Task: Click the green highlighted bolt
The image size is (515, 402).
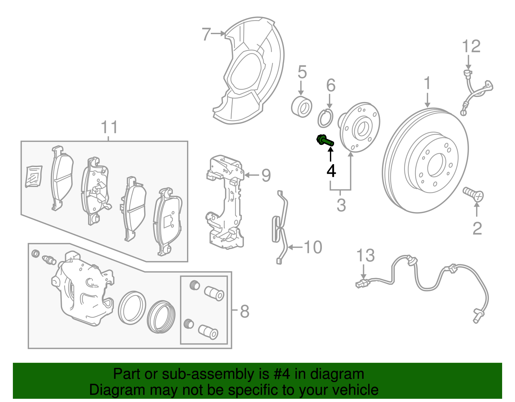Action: [325, 141]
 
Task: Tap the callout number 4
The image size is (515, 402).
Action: [331, 171]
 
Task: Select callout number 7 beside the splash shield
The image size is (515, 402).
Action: [206, 34]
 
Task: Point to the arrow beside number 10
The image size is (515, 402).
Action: [295, 247]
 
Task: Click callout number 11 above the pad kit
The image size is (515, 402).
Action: [109, 127]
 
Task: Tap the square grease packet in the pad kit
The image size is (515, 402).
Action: [34, 176]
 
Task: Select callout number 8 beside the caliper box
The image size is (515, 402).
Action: [245, 311]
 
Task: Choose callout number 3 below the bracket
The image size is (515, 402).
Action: [341, 205]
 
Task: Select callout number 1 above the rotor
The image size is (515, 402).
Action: [427, 83]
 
